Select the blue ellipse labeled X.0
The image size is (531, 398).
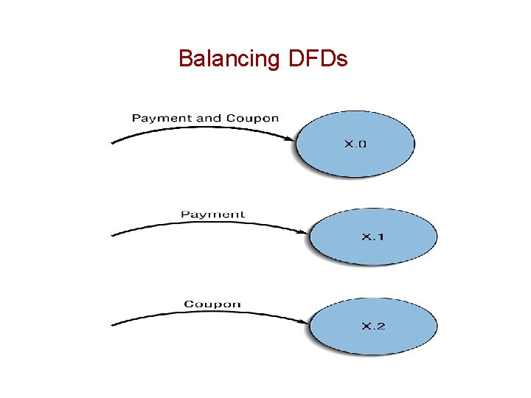[355, 144]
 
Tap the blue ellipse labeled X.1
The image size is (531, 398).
[372, 237]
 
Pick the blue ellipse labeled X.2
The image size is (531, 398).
[372, 327]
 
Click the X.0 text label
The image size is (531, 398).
[355, 144]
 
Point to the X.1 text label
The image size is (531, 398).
[372, 237]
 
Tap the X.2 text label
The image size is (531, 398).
[372, 327]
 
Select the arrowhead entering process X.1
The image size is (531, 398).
[305, 232]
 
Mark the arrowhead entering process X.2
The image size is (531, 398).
[305, 322]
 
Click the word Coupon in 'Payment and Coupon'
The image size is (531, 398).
[253, 118]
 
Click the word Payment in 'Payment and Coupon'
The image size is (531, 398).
[164, 119]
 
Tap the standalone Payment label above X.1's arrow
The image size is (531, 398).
[212, 214]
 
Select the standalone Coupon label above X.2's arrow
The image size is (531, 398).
[212, 304]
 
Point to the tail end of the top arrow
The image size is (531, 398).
[112, 143]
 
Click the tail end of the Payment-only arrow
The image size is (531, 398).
[112, 236]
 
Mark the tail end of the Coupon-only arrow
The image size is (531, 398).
[112, 325]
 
